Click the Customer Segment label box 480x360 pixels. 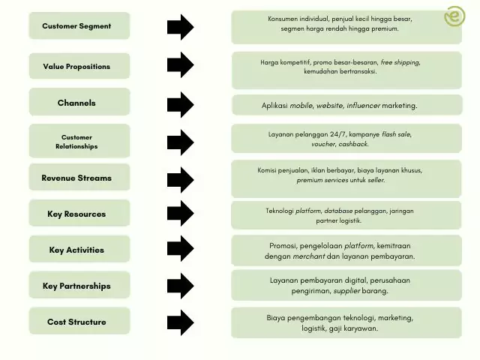pos(79,26)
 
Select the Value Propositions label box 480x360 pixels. pos(79,66)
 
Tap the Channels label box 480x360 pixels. pos(79,103)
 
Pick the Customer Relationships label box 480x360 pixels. pos(79,141)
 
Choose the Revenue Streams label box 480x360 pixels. pos(79,178)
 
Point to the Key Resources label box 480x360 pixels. pos(79,214)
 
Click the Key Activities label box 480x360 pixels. pos(79,250)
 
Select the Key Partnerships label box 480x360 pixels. pos(79,286)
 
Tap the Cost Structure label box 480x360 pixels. pos(79,322)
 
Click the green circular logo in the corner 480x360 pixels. pos(454,16)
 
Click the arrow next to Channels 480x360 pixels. pos(180,104)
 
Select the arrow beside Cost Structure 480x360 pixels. pos(180,322)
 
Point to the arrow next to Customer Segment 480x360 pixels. pos(180,27)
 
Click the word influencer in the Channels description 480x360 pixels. pos(364,106)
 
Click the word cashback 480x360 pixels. pos(353,144)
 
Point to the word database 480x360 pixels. pos(339,211)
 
